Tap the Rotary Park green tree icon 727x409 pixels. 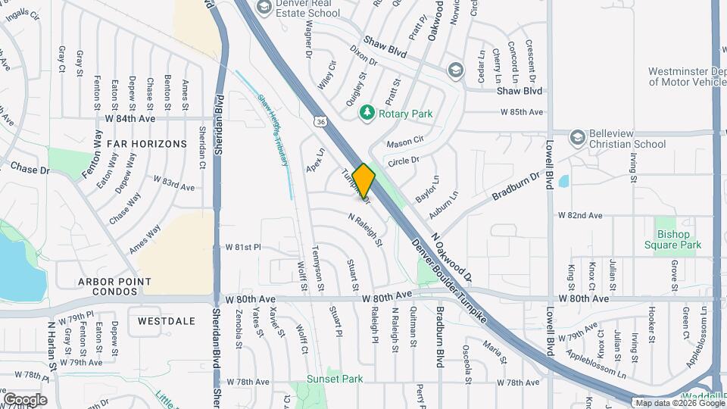(x=367, y=113)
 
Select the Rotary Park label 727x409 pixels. (x=407, y=114)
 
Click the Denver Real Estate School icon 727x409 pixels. (x=264, y=8)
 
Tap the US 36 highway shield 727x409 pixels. (x=322, y=121)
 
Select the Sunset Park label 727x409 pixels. (x=335, y=379)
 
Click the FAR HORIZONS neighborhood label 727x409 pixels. (x=146, y=143)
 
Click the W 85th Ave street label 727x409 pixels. (x=522, y=112)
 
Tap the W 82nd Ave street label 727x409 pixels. (x=581, y=216)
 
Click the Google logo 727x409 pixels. (x=25, y=399)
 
